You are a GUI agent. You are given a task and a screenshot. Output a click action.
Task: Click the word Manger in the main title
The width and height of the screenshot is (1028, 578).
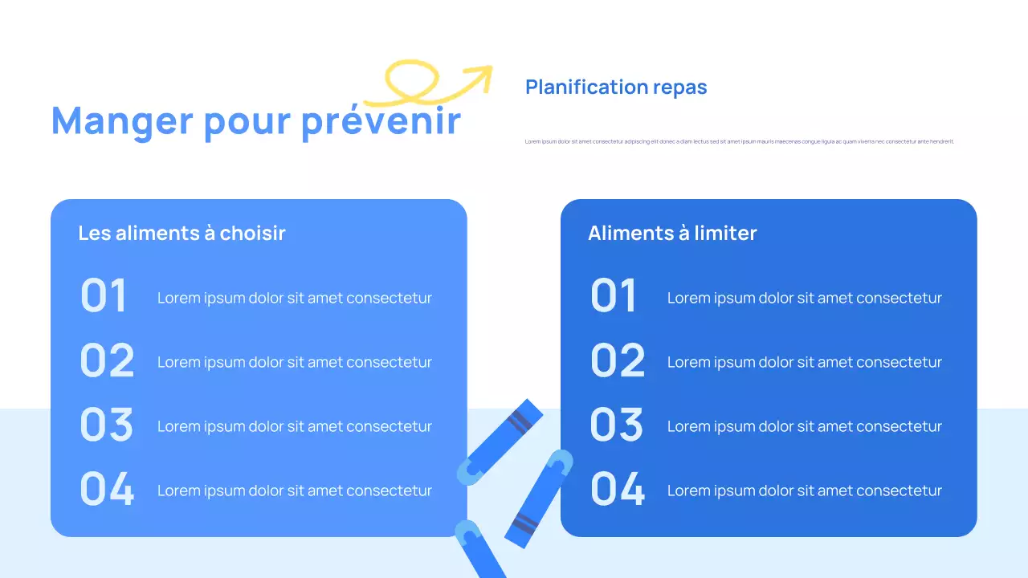click(122, 121)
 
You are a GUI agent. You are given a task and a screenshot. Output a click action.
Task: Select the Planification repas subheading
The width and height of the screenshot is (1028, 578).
click(616, 87)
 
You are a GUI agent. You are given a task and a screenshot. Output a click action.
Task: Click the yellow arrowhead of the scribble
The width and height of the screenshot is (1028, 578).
click(482, 74)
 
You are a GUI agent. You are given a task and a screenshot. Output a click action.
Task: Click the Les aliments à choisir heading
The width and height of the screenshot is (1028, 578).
click(182, 233)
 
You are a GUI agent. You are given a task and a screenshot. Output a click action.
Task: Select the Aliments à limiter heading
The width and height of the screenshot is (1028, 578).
click(672, 233)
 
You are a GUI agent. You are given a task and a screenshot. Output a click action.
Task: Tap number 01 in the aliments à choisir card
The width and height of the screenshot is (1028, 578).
click(104, 295)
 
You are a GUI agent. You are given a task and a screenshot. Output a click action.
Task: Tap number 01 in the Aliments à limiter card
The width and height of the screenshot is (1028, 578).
click(614, 295)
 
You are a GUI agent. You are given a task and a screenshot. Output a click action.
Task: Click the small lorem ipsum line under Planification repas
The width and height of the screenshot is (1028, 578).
click(739, 141)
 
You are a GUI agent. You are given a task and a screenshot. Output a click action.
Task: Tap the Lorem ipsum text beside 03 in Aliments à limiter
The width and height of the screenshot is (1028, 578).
click(804, 426)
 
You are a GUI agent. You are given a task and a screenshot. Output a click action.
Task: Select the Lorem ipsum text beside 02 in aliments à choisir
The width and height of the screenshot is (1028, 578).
click(294, 362)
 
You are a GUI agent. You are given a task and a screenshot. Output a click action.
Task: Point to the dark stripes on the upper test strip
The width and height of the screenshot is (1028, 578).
click(520, 421)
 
